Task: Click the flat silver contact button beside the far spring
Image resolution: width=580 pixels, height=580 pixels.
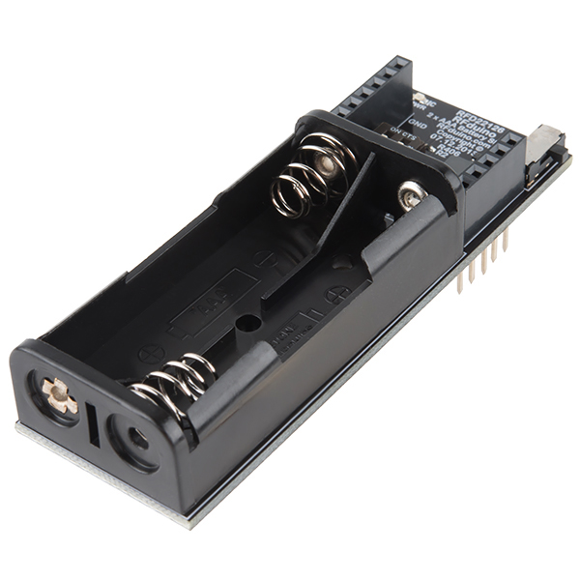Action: (x=412, y=196)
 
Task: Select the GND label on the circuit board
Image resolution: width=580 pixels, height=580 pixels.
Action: (x=419, y=123)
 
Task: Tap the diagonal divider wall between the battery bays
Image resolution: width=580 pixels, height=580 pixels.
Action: (x=343, y=198)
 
